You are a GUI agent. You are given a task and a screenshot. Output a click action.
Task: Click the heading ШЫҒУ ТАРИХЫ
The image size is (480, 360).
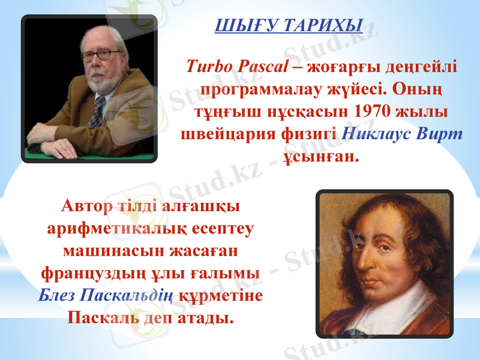[288, 26]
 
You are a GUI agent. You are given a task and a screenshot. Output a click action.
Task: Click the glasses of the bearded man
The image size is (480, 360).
[100, 55]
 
